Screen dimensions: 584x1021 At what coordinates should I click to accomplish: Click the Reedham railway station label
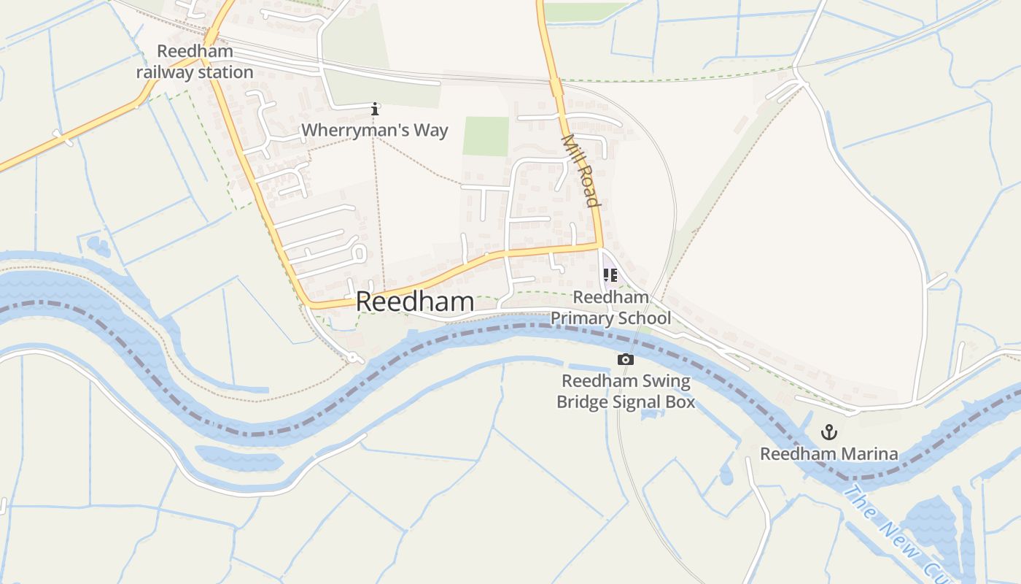click(x=195, y=62)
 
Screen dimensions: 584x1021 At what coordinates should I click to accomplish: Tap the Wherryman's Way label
click(x=375, y=131)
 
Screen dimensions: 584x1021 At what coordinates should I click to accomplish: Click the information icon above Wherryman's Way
click(x=375, y=109)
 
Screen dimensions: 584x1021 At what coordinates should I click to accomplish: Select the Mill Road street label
click(x=581, y=170)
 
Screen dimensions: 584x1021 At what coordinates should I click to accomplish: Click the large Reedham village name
click(x=415, y=302)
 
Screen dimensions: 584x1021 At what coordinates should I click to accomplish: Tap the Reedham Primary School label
click(x=610, y=307)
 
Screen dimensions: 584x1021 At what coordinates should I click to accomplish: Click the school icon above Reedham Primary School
click(x=610, y=275)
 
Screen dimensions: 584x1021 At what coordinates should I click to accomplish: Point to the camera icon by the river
click(x=625, y=359)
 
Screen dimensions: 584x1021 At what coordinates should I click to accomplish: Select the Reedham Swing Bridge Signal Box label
click(x=625, y=391)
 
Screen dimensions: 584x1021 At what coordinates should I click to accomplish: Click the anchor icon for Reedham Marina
click(x=828, y=432)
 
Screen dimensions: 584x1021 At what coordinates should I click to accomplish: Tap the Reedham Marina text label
click(x=829, y=454)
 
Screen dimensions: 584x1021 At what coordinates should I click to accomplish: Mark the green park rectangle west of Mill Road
click(x=486, y=137)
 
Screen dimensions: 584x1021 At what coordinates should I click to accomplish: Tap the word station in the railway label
click(x=226, y=72)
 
